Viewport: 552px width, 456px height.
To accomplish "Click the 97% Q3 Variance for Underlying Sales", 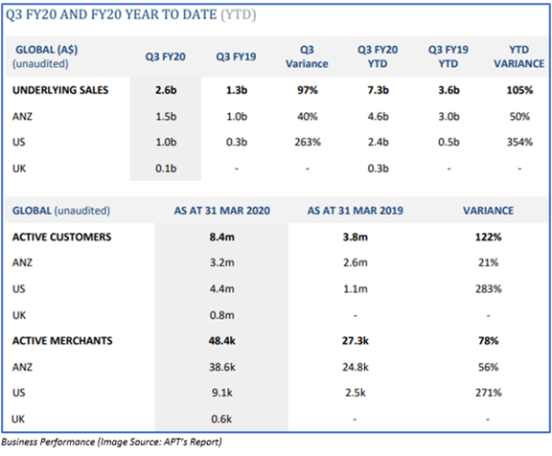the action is (308, 90).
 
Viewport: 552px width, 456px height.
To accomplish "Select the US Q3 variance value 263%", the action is (308, 142).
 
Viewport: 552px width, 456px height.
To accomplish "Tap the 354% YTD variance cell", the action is (519, 142).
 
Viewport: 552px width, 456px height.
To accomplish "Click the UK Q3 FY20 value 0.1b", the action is (166, 169).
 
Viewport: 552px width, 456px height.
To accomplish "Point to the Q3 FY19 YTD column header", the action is (448, 57).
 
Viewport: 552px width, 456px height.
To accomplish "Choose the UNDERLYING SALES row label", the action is (60, 90).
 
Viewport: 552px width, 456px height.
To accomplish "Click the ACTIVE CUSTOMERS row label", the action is (61, 237).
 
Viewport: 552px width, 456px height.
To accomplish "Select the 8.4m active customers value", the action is (221, 237).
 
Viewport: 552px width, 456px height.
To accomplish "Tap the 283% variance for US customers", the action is (489, 289).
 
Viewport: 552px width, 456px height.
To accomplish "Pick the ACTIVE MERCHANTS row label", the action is (62, 341).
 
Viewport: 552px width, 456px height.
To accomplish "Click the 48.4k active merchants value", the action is (221, 341).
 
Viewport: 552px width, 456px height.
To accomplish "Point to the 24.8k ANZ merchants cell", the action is (356, 367).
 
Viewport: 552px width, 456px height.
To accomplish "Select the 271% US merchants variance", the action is (489, 393).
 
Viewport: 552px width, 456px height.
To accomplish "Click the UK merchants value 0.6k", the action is (221, 419).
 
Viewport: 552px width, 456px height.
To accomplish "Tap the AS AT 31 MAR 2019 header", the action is (356, 211).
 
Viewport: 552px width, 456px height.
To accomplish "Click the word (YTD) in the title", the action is (239, 15).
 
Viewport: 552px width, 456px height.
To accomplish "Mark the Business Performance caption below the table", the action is (111, 442).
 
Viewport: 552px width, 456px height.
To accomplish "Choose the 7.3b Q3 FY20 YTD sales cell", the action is (379, 90).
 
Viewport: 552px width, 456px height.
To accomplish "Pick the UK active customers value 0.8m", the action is (221, 315).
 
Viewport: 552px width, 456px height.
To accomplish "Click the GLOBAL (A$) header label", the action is (46, 50).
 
